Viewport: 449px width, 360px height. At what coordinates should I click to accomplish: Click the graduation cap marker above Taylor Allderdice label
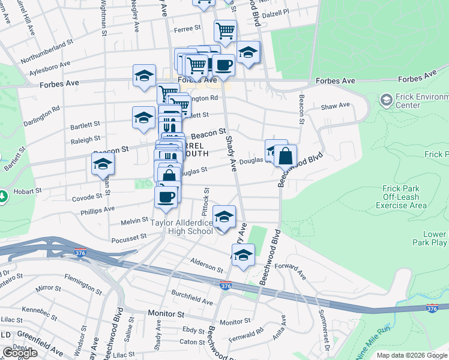pos(224,217)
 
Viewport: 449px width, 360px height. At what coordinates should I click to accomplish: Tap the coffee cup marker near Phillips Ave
pos(166,197)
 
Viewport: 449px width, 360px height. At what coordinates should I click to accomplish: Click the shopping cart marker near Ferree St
pos(225,31)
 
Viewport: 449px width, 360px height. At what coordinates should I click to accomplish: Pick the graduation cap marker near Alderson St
pos(243,256)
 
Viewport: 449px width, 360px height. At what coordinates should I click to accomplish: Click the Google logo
pos(20,353)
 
